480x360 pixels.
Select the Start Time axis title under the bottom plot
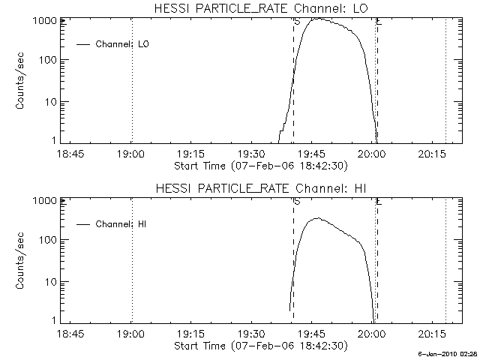pyautogui.click(x=259, y=346)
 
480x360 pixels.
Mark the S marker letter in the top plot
pyautogui.click(x=297, y=22)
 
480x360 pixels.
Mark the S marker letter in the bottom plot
pyautogui.click(x=297, y=202)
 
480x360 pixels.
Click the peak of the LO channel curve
pyautogui.click(x=319, y=19)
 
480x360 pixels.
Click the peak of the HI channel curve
pyautogui.click(x=317, y=218)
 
